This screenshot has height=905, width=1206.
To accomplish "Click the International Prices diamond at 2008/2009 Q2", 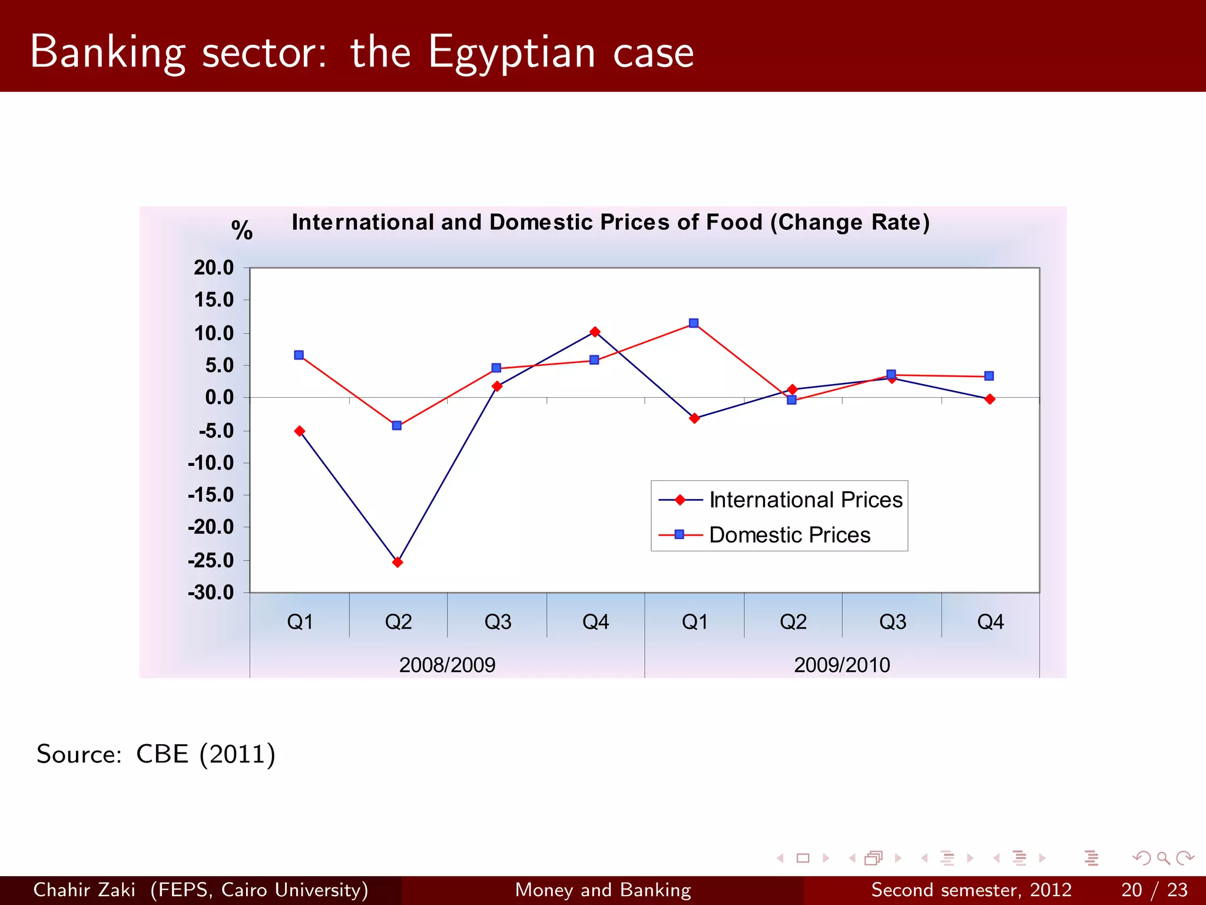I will (397, 562).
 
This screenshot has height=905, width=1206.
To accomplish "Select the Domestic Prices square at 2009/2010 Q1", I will (694, 323).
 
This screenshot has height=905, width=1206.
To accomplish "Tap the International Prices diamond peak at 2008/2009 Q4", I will (595, 332).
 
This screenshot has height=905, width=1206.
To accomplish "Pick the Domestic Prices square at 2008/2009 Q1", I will (299, 355).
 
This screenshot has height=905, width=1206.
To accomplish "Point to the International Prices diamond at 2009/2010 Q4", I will (990, 399).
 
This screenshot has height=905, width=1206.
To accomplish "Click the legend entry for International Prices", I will (805, 500).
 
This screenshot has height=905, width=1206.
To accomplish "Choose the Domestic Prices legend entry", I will (789, 534).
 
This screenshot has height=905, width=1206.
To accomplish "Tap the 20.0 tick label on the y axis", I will (214, 267).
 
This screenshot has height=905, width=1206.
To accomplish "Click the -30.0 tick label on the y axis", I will (211, 592).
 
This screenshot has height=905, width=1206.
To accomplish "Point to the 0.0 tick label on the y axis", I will (219, 398).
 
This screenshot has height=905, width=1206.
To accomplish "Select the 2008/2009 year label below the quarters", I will (447, 665).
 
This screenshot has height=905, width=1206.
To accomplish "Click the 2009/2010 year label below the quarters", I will (841, 665).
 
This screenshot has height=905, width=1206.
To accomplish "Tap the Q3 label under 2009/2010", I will (892, 622).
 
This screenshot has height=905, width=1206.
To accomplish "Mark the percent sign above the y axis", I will (241, 230).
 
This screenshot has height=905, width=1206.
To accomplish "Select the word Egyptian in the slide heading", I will (512, 53).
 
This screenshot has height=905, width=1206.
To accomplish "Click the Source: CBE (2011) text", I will (156, 754).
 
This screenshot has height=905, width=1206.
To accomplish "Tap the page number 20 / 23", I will (1154, 890).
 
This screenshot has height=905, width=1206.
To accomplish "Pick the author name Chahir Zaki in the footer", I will (84, 890).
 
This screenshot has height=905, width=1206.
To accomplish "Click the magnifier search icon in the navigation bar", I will (1163, 858).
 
